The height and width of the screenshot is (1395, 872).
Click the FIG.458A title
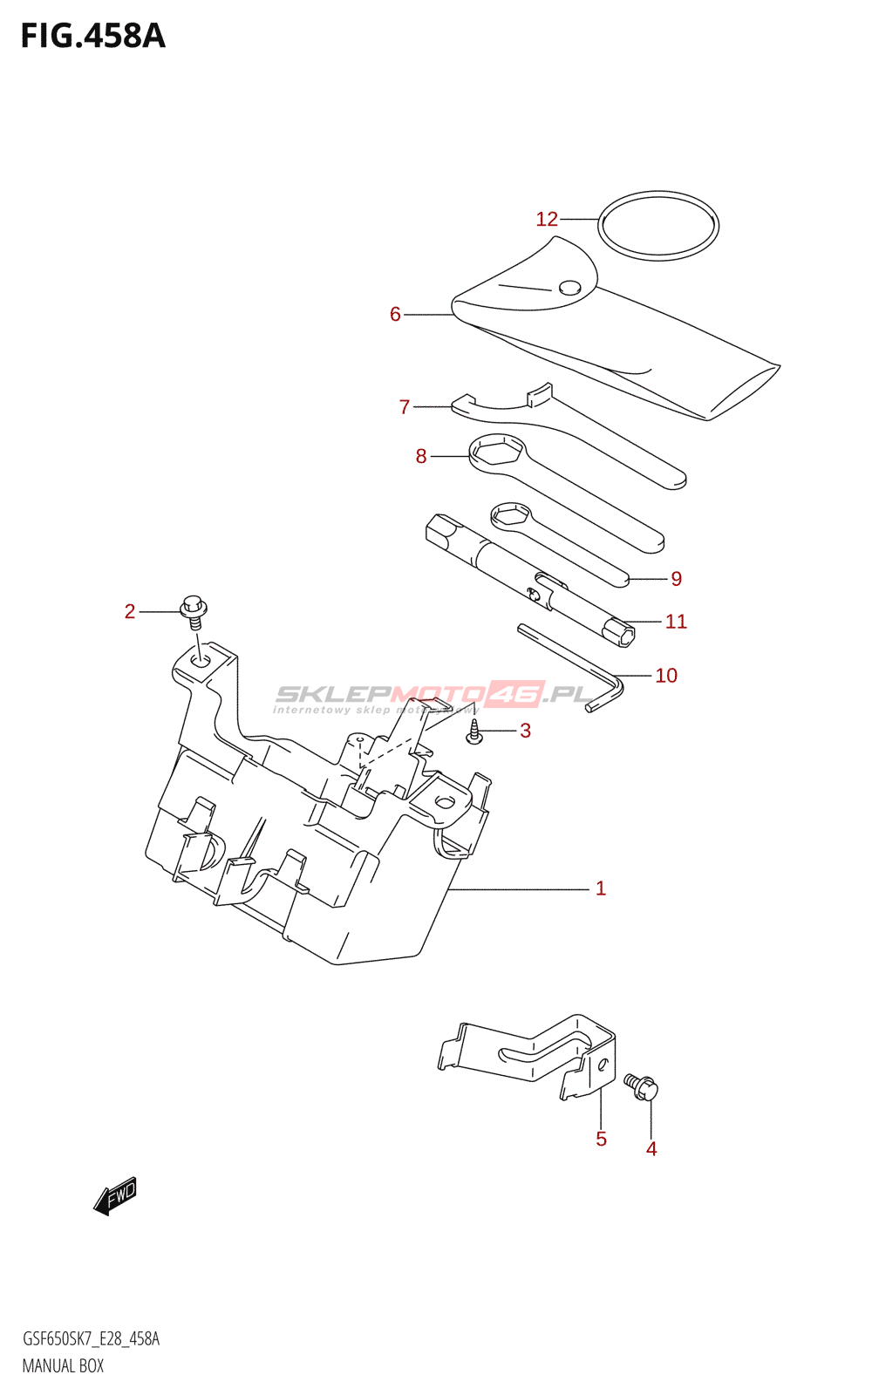(x=92, y=37)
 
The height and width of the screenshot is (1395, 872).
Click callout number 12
(x=547, y=219)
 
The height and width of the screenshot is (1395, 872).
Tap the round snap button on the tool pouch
(x=569, y=288)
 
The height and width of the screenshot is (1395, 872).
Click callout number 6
(x=395, y=314)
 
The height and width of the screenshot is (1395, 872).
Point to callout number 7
(x=405, y=407)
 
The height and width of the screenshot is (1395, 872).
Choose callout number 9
(x=677, y=578)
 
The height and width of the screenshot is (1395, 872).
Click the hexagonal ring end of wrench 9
(x=510, y=514)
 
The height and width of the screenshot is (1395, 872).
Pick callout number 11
(x=676, y=622)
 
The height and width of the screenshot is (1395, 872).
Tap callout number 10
(x=666, y=676)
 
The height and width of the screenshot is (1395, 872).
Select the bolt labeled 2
(x=194, y=610)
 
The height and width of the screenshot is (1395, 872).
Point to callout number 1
(x=600, y=888)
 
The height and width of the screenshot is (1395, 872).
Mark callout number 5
(x=601, y=1139)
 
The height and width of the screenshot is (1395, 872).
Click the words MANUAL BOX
(x=63, y=1366)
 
